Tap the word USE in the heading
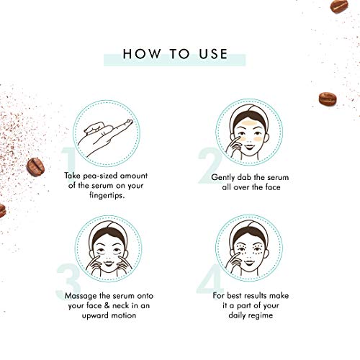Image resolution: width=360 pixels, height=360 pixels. (210, 54)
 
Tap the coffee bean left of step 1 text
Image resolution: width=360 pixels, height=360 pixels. (35, 166)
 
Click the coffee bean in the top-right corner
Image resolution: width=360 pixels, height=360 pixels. (339, 6)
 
